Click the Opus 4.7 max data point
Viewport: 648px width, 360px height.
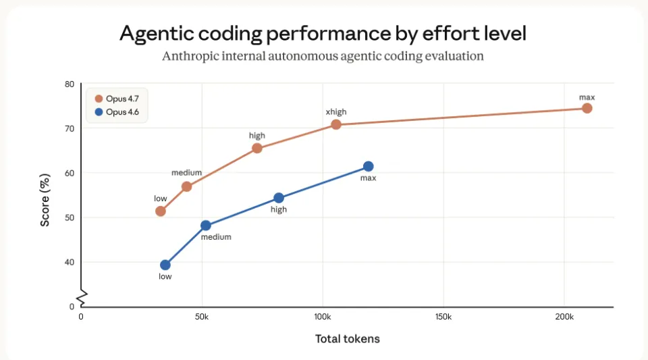(587, 108)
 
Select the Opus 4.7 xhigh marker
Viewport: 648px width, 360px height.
(335, 124)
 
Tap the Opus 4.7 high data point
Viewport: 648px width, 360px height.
(256, 149)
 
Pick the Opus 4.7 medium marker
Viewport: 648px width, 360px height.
(186, 186)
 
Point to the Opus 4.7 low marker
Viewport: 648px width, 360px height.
(160, 211)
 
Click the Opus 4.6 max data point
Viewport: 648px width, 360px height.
(368, 166)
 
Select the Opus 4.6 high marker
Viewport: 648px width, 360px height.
(278, 198)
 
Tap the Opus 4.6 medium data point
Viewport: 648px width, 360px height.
(206, 226)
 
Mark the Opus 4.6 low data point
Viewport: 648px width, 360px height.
(165, 265)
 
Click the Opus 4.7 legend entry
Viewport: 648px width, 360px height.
(117, 99)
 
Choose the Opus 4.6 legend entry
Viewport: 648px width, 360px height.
(117, 111)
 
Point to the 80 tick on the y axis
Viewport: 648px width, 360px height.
(70, 84)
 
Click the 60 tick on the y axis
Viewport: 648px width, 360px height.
(70, 173)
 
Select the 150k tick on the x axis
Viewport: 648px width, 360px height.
(443, 316)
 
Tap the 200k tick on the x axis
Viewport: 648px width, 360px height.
(564, 316)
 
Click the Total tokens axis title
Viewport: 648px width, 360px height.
(347, 338)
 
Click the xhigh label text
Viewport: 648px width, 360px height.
(335, 111)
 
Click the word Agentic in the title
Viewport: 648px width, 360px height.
(157, 34)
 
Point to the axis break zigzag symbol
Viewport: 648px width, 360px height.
(81, 297)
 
